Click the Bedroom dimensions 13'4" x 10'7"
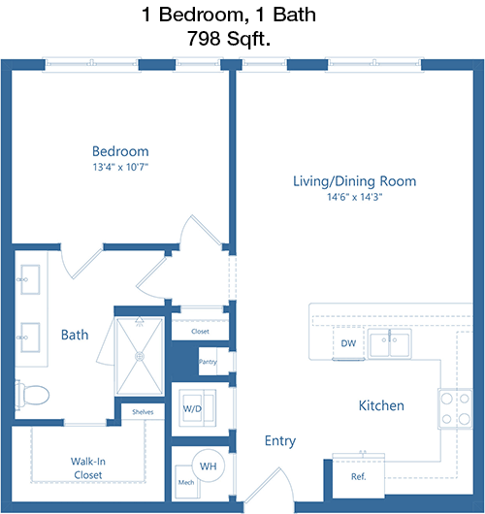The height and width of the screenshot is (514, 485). pyautogui.click(x=120, y=167)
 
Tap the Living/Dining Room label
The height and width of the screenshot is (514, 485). pyautogui.click(x=354, y=181)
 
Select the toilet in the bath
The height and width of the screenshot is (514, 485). pyautogui.click(x=32, y=395)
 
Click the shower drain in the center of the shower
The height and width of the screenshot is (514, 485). pyautogui.click(x=140, y=356)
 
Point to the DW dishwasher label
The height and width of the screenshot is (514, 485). pyautogui.click(x=348, y=343)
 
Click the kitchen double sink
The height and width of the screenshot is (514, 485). pyautogui.click(x=389, y=344)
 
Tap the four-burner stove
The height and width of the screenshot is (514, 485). pyautogui.click(x=455, y=408)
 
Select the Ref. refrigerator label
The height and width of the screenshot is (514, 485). pyautogui.click(x=358, y=476)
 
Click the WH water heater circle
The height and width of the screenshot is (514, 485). pyautogui.click(x=209, y=466)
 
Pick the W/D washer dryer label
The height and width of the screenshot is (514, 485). pyautogui.click(x=192, y=408)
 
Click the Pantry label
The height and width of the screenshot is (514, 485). pyautogui.click(x=208, y=362)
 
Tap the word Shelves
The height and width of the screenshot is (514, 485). pyautogui.click(x=143, y=412)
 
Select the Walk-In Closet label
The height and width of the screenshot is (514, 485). pyautogui.click(x=88, y=468)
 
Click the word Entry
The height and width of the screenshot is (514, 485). pyautogui.click(x=280, y=441)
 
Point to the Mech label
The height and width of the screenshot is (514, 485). pyautogui.click(x=186, y=482)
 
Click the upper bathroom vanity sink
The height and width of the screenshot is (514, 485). pyautogui.click(x=30, y=279)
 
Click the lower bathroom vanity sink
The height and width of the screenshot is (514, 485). pyautogui.click(x=30, y=337)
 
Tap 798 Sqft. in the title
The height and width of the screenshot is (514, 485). pyautogui.click(x=229, y=39)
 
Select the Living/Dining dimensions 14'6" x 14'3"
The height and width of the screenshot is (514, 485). pyautogui.click(x=355, y=197)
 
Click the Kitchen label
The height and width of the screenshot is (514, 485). pyautogui.click(x=381, y=405)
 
